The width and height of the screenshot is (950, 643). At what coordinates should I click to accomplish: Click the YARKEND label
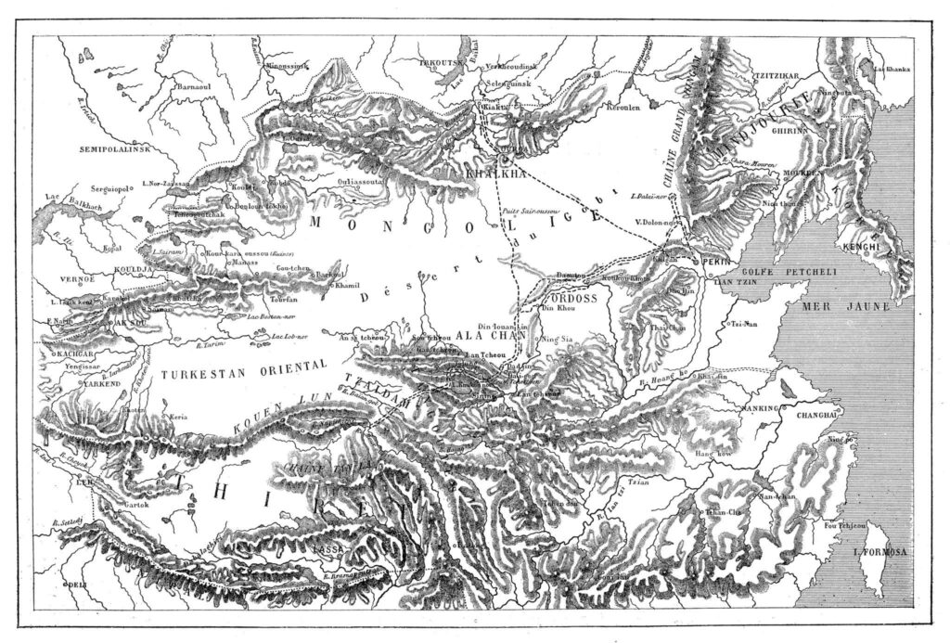tap(76, 382)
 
